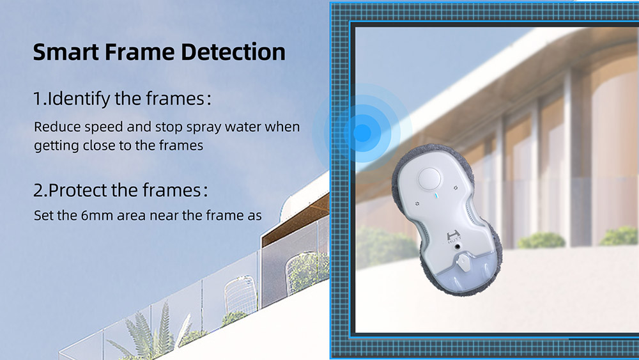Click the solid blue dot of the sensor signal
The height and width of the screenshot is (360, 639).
click(362, 133)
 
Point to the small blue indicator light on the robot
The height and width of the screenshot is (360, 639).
click(435, 196)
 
